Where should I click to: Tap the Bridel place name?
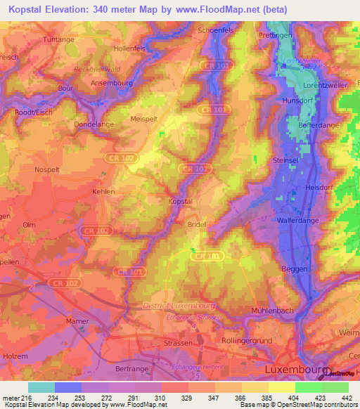pyautogui.click(x=196, y=225)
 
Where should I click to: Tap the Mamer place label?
pyautogui.click(x=77, y=320)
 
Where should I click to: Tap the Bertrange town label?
pyautogui.click(x=132, y=368)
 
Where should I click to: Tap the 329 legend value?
pyautogui.click(x=188, y=397)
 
